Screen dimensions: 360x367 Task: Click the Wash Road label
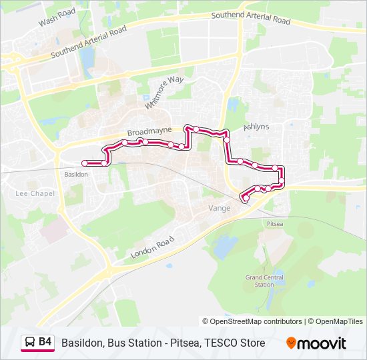(57, 18)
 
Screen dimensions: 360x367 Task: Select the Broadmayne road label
(149, 130)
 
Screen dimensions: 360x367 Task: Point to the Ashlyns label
(256, 126)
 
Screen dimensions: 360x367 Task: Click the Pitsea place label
(274, 223)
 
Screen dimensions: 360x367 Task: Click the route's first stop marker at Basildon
(84, 163)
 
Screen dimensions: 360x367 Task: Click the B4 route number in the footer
(45, 342)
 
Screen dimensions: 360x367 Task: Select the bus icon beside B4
(30, 343)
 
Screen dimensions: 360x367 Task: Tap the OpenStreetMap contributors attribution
(252, 321)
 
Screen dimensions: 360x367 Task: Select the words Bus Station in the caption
(133, 343)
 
